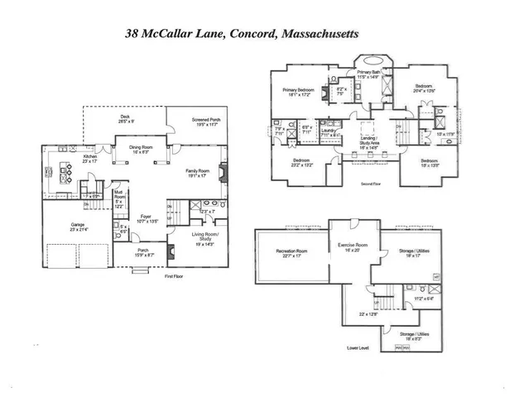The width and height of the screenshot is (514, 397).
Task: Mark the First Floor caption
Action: (173, 275)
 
